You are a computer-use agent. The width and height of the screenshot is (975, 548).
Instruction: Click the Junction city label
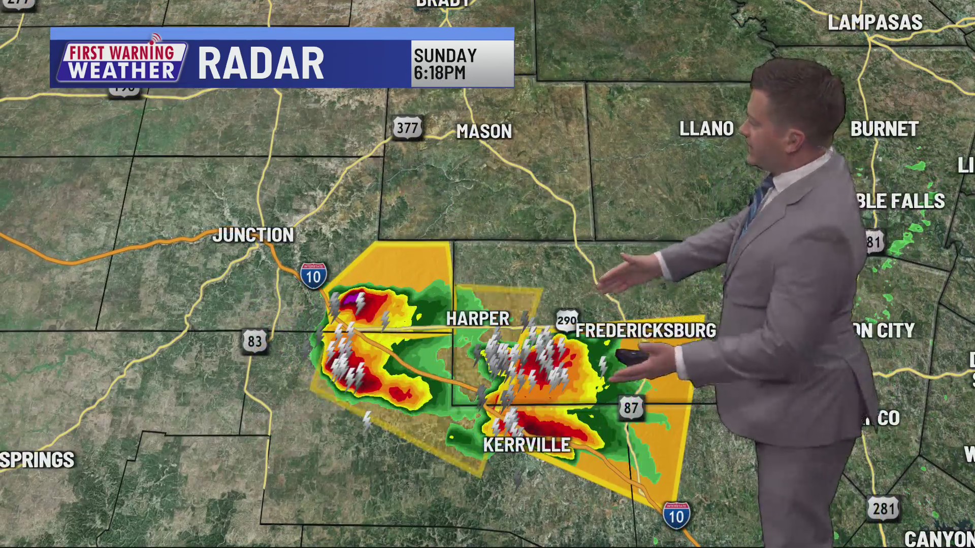tap(253, 235)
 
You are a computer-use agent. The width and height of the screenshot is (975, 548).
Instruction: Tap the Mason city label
tap(484, 131)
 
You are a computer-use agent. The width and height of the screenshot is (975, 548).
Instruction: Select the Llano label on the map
tap(706, 129)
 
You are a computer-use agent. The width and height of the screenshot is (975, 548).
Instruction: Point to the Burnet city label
tap(884, 129)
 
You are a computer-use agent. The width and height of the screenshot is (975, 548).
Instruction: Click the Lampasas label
tap(875, 23)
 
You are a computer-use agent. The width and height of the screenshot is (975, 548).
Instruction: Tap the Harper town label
tap(477, 319)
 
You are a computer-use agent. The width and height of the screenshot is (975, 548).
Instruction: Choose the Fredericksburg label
tap(645, 330)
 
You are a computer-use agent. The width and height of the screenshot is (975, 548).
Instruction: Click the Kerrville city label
tap(527, 445)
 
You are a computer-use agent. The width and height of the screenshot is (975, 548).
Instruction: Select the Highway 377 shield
tap(407, 128)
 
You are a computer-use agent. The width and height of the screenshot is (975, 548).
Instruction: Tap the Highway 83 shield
tap(254, 341)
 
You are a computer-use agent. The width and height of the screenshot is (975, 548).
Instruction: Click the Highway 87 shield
tap(631, 407)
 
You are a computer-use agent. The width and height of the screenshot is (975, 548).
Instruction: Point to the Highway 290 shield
tap(567, 320)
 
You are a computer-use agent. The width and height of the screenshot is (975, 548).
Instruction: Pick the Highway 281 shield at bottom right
tap(884, 508)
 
